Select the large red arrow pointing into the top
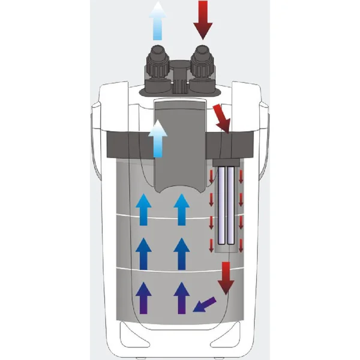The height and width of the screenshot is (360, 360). (202, 19)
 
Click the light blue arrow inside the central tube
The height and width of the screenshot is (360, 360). (158, 138)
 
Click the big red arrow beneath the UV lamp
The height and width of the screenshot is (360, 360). (226, 277)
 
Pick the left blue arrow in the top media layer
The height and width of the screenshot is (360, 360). (144, 210)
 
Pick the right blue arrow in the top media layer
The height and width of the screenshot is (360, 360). (181, 210)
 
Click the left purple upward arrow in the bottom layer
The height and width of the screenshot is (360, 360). (144, 298)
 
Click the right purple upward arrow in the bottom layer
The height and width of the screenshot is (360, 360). (181, 298)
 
